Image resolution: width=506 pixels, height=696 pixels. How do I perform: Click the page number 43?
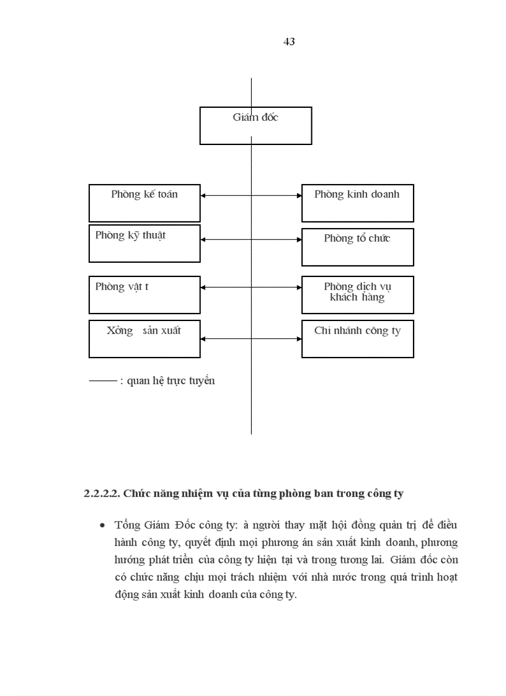(x=288, y=42)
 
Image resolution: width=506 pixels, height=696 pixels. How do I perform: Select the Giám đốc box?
(x=255, y=126)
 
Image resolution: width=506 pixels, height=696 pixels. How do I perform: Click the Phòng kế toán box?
(x=144, y=203)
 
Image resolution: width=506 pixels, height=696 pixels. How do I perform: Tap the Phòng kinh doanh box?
(x=357, y=203)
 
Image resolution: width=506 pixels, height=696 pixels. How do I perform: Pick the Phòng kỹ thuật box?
(x=144, y=244)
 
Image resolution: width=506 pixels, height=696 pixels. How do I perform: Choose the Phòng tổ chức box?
(x=357, y=247)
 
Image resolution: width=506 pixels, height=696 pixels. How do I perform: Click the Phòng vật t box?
(x=144, y=295)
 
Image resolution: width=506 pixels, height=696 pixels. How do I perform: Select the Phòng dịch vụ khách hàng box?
(x=357, y=295)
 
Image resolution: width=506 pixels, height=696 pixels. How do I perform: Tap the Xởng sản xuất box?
(x=144, y=339)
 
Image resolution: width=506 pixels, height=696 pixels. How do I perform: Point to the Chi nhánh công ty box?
(x=357, y=339)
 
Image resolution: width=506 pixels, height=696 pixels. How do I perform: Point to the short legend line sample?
(x=103, y=381)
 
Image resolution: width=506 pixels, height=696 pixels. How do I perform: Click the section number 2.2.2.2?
(x=102, y=494)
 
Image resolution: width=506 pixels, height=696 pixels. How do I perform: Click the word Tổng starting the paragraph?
(x=127, y=525)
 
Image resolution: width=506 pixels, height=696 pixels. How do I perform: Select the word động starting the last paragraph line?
(x=126, y=595)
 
